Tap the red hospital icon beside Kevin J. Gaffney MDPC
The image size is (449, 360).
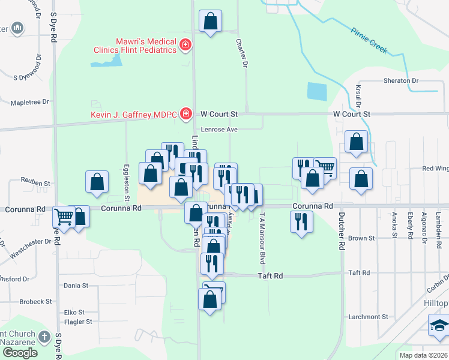pos(186,113)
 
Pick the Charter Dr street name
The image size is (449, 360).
pos(242,53)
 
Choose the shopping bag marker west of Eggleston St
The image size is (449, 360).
pos(97,182)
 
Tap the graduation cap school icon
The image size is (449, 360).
pos(438,326)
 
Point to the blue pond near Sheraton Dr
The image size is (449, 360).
pos(316,91)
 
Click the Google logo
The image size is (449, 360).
pos(19,353)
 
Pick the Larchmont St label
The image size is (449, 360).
pos(368,316)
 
